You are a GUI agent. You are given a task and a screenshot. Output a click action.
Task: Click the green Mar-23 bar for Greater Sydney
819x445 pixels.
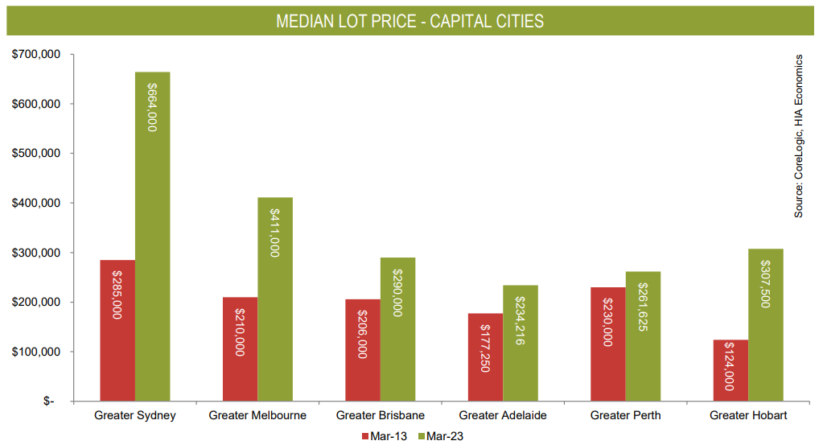coord(153,241)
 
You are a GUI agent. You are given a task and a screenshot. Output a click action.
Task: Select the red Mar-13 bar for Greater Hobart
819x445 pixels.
coord(731,370)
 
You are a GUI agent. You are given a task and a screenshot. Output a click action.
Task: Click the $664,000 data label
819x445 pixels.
coord(152,106)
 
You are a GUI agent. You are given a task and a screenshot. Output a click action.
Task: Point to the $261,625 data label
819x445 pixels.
coord(643,308)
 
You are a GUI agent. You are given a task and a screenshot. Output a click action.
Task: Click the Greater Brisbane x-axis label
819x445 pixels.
coord(381,415)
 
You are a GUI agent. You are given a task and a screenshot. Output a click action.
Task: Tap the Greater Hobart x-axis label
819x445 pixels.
coord(748,415)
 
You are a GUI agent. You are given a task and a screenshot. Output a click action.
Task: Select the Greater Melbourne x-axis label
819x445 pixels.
coord(257,415)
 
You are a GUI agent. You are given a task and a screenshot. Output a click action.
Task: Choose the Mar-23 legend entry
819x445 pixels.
coord(441,436)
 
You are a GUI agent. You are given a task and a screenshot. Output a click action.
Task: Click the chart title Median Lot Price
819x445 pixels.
coord(409,21)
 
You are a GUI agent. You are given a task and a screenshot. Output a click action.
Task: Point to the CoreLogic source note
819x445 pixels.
coord(799,135)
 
